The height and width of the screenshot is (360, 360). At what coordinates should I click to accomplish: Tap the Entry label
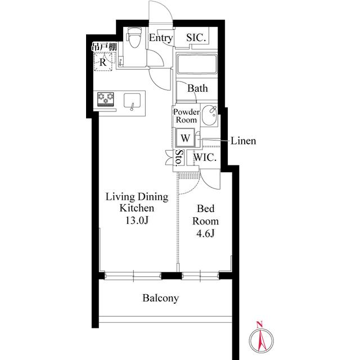coord(160,38)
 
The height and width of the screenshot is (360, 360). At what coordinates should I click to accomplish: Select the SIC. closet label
coord(196,38)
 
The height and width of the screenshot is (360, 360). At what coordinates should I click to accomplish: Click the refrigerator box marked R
coord(103,61)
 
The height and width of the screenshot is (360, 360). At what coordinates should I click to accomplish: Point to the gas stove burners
coord(106,99)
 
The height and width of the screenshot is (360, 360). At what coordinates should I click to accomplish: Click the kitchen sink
coord(132,101)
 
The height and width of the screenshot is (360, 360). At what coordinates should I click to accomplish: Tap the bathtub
coord(197,64)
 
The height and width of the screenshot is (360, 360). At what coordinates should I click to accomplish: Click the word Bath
coord(197,88)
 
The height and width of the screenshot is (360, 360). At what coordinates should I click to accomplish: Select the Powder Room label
coord(186,116)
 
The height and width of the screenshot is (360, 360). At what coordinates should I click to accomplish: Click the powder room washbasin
coord(210,115)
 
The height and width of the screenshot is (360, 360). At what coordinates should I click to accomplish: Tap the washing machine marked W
coord(185,138)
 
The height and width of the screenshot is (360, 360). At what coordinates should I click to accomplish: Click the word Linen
coord(243,141)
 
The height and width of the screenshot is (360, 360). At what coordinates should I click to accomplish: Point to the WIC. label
coord(205,157)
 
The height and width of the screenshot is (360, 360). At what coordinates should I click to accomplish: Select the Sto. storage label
coord(179,157)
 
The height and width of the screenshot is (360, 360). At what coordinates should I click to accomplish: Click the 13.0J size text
coord(137,220)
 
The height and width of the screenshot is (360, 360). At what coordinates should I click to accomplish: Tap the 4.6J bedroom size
coord(205,233)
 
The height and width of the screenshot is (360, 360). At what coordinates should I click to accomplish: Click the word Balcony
coord(160,298)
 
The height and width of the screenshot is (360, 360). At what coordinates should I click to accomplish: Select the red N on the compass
coord(259,325)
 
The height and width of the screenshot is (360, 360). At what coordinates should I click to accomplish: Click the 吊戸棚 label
coord(104,47)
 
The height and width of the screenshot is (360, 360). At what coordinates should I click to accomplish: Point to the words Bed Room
coord(205,215)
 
